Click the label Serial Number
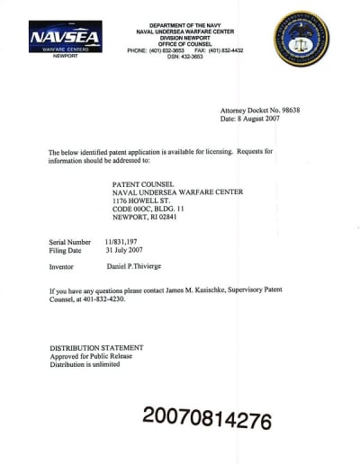(69, 243)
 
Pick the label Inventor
(61, 268)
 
